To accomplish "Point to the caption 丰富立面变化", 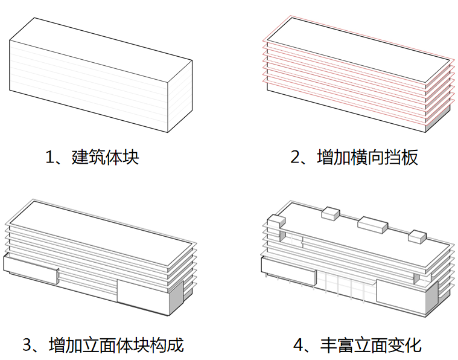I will pos(371,345).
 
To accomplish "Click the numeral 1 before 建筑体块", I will pos(50,158).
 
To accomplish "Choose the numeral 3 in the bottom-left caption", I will pos(27,346).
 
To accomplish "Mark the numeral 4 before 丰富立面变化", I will pos(297,346).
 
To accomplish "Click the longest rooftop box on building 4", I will pos(372,225).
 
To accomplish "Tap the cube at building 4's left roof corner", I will pos(275,223).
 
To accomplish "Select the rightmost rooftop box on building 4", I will pos(416,237).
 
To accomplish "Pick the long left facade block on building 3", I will pos(30,268).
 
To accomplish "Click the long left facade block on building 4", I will pos(287,268).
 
